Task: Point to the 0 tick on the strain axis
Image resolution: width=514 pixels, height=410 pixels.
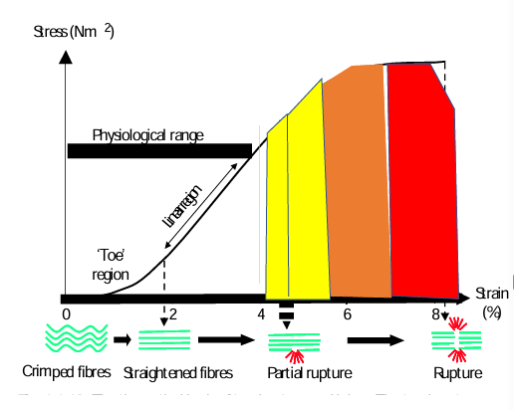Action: click(66, 314)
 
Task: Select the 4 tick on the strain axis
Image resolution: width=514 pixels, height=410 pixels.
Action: click(261, 314)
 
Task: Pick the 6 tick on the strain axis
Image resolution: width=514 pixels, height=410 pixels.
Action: click(348, 314)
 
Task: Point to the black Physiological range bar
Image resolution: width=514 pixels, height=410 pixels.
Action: click(158, 150)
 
